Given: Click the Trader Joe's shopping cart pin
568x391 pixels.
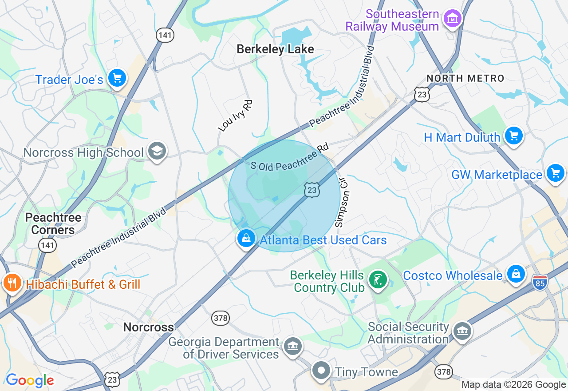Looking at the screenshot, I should pyautogui.click(x=117, y=78).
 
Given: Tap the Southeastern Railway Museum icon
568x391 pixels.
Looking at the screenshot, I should pyautogui.click(x=453, y=19).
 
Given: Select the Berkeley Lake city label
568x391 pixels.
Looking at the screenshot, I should pyautogui.click(x=275, y=49).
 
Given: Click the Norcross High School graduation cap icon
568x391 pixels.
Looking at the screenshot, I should pyautogui.click(x=157, y=151).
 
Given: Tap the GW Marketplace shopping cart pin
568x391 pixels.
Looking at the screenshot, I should pyautogui.click(x=556, y=173).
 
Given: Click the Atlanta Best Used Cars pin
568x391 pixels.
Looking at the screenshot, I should pyautogui.click(x=246, y=239).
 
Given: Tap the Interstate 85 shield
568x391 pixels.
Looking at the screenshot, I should pyautogui.click(x=540, y=282).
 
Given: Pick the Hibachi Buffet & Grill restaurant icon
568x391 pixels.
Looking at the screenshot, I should pyautogui.click(x=12, y=283).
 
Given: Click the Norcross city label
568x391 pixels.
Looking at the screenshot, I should pyautogui.click(x=148, y=327).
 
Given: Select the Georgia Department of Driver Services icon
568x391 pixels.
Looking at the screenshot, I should pyautogui.click(x=292, y=345).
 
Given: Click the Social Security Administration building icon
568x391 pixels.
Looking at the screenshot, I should pyautogui.click(x=462, y=331).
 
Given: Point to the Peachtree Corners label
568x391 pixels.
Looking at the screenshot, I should pyautogui.click(x=53, y=223).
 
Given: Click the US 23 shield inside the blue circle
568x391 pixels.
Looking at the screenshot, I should pyautogui.click(x=312, y=190).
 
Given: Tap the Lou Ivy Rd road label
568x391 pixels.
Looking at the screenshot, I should pyautogui.click(x=235, y=116).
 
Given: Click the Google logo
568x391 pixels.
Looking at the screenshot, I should pyautogui.click(x=30, y=381).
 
